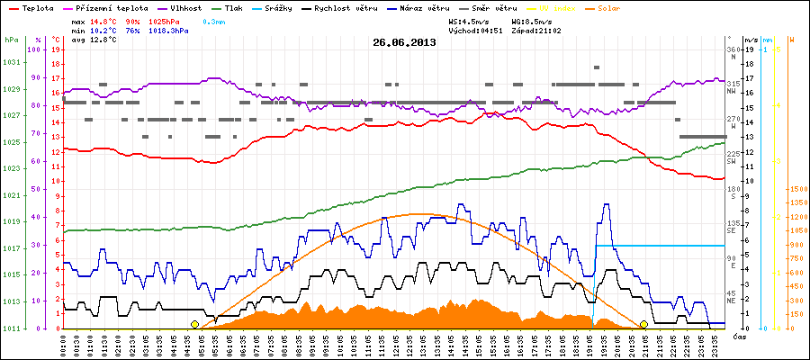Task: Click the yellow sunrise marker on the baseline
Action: click(194, 324)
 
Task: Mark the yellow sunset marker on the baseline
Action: click(644, 324)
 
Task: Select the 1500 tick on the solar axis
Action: click(796, 189)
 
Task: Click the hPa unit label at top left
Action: click(11, 40)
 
